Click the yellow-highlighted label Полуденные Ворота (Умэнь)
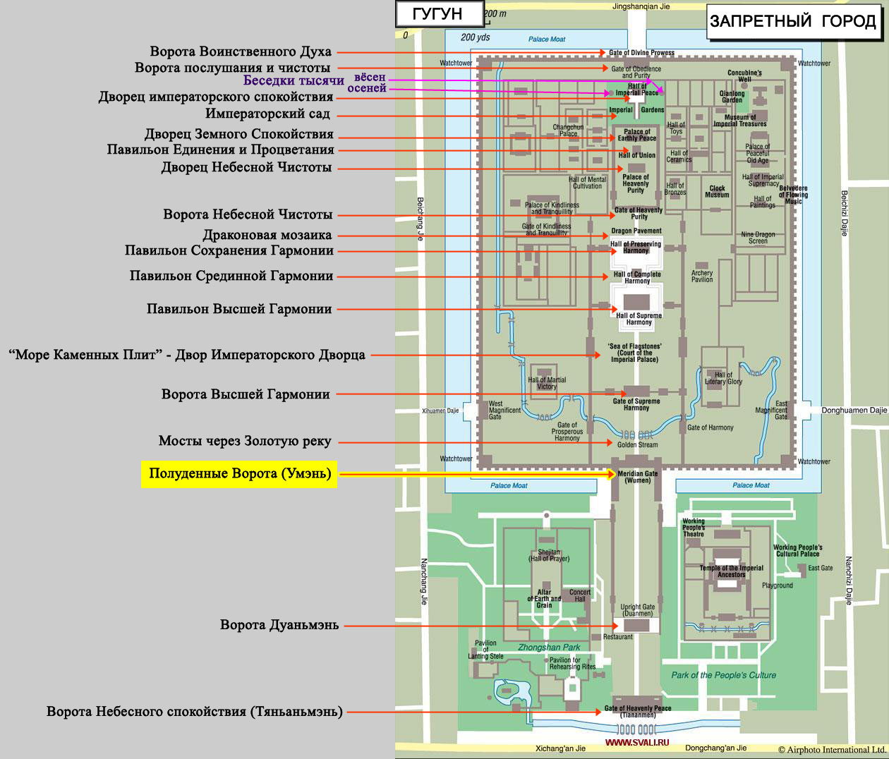click(x=239, y=474)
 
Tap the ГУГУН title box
click(x=440, y=14)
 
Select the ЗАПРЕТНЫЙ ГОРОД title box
click(x=793, y=21)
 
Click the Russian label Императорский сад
click(x=267, y=114)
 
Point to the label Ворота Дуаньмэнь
click(x=279, y=625)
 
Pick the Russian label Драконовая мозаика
click(x=267, y=235)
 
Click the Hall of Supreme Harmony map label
click(x=639, y=319)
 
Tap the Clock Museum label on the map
click(x=717, y=191)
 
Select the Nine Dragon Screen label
click(x=758, y=238)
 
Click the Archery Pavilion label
click(x=702, y=276)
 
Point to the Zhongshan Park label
click(x=549, y=647)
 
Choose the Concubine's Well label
click(x=744, y=76)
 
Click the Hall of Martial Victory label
click(x=547, y=383)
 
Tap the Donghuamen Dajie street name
click(x=854, y=411)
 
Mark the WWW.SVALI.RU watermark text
click(x=637, y=742)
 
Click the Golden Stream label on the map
click(x=637, y=444)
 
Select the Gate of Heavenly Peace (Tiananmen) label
click(x=638, y=711)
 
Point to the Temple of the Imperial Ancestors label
click(x=731, y=571)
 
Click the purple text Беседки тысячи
click(x=294, y=80)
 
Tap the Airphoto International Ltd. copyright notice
click(x=833, y=750)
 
